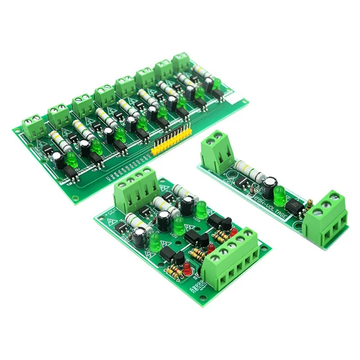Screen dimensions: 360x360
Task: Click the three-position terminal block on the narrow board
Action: coord(325,218)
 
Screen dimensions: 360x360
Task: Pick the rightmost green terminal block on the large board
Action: coord(182,62)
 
